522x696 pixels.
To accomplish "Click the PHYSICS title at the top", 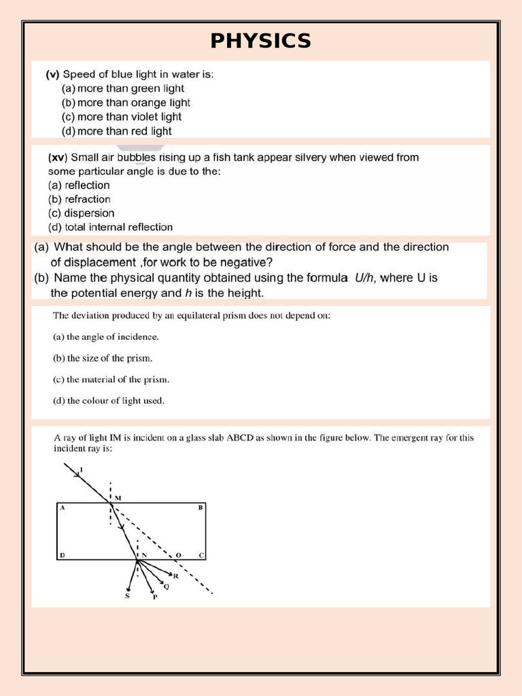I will (260, 41).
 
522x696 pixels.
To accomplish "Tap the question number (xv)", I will (56, 158).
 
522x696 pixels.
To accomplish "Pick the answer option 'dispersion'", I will (81, 213).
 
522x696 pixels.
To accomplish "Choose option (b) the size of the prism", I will (103, 358).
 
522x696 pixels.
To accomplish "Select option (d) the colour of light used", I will (109, 400).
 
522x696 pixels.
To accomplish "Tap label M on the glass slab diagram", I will (118, 498).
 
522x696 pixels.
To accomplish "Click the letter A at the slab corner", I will (61, 508).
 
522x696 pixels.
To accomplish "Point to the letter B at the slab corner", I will (200, 508).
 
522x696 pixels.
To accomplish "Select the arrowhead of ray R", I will (171, 573).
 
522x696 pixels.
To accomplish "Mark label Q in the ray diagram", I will (167, 587).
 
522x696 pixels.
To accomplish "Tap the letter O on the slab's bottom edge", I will (179, 555).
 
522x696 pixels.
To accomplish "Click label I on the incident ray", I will (81, 470).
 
